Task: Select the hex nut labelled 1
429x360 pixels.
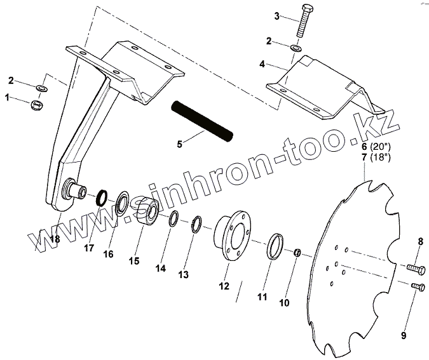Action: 38,103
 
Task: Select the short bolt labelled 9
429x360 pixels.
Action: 417,287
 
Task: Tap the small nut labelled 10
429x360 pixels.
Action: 296,254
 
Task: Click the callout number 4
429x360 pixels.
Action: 262,64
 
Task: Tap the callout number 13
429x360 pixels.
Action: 184,275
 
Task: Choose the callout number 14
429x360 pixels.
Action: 160,269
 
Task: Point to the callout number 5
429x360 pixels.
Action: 180,144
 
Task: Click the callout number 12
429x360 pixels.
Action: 224,286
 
